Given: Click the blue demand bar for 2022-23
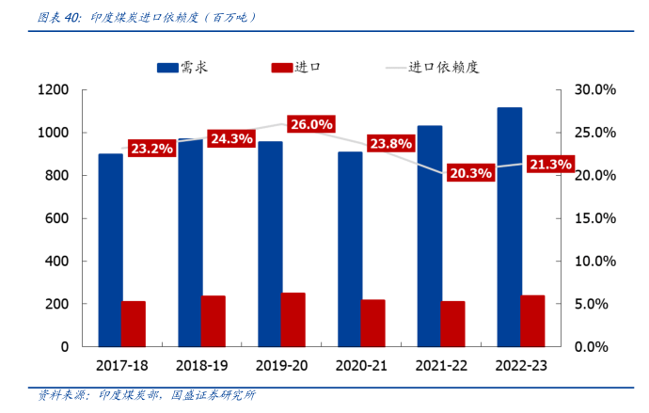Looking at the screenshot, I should (510, 226).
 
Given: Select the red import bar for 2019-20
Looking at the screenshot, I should (293, 320).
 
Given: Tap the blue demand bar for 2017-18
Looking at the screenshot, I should (110, 249).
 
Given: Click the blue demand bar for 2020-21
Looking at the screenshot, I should (350, 248).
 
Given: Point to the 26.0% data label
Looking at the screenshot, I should (311, 124).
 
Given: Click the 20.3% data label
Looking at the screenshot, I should (470, 173).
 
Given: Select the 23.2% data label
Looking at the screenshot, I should (151, 149).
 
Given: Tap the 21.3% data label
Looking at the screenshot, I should (550, 165).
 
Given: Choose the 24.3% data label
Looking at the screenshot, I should (231, 138).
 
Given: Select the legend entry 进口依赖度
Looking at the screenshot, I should (442, 67).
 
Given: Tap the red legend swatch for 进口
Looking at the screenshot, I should (281, 67).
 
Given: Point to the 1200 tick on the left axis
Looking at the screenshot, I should (53, 90).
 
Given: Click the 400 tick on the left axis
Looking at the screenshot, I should (57, 262).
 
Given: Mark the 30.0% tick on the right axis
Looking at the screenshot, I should (594, 90).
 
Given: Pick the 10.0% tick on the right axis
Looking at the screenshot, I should (594, 262).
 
